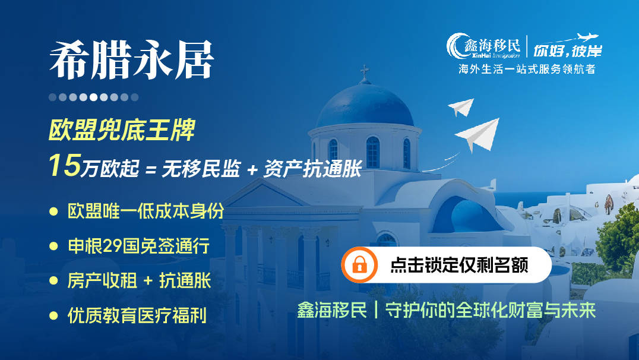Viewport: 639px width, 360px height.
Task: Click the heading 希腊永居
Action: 131,62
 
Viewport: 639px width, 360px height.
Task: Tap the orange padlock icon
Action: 359,264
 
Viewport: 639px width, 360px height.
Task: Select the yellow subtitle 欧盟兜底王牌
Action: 121,131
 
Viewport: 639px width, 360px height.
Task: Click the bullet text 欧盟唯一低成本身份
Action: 145,211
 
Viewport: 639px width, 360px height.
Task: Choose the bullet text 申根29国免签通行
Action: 138,246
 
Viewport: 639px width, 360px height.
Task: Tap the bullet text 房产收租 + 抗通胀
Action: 139,280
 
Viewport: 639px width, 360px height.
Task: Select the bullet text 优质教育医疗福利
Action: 137,315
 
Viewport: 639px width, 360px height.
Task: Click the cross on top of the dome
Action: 365,72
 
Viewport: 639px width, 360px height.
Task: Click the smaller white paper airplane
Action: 461,107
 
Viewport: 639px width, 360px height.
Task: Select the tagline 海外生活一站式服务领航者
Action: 527,69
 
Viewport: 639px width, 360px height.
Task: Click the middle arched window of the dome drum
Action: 372,152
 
